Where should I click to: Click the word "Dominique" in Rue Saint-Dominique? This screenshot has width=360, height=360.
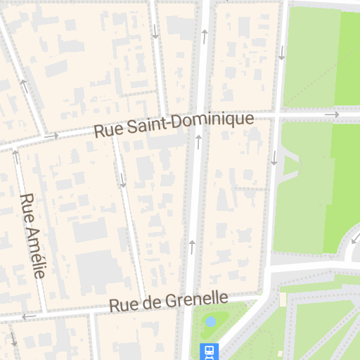point(216,121)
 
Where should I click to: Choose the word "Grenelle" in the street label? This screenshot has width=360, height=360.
point(197,300)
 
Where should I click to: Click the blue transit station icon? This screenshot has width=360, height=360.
point(209,350)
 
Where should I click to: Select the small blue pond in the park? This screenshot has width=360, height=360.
point(210,322)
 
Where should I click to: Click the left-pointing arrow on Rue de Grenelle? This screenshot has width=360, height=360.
point(29,316)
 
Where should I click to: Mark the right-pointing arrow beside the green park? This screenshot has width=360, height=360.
point(332,114)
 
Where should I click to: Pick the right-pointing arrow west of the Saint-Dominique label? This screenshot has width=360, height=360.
point(51,135)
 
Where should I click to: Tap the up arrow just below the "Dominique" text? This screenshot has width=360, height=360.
point(199,142)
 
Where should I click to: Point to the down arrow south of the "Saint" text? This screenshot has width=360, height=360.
point(122,180)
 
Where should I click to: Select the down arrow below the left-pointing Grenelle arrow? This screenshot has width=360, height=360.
point(13,340)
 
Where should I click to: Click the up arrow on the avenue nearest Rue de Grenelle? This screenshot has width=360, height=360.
point(191,245)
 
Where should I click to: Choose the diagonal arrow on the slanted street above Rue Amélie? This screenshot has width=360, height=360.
point(25,86)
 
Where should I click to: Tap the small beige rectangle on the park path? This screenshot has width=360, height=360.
point(283,300)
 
